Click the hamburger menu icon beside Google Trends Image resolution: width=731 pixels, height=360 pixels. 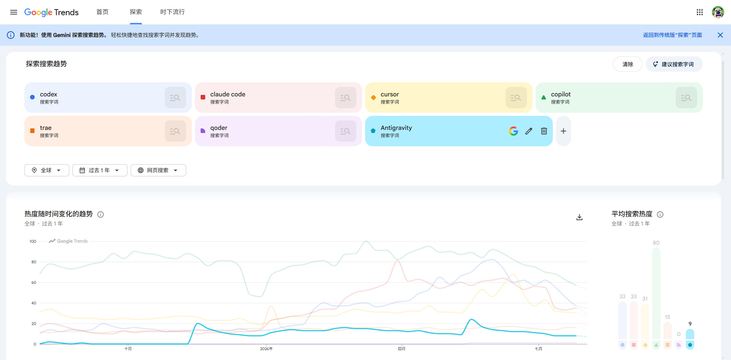pyautogui.click(x=14, y=12)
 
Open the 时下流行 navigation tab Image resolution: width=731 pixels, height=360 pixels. pyautogui.click(x=172, y=12)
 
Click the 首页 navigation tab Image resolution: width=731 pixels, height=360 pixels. pyautogui.click(x=102, y=12)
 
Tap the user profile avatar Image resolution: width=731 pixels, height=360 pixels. pyautogui.click(x=718, y=12)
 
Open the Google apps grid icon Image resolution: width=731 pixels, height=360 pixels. pyautogui.click(x=700, y=12)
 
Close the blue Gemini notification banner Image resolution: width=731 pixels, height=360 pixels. pyautogui.click(x=720, y=35)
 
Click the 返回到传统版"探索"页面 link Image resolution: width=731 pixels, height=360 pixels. pyautogui.click(x=672, y=35)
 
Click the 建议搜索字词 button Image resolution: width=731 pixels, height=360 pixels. pyautogui.click(x=674, y=64)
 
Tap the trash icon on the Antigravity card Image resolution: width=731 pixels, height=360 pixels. pyautogui.click(x=544, y=131)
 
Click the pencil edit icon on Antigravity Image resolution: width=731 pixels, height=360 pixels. pyautogui.click(x=529, y=131)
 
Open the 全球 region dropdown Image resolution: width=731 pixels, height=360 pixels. pyautogui.click(x=47, y=170)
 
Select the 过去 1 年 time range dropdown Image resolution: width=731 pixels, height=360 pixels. pyautogui.click(x=100, y=170)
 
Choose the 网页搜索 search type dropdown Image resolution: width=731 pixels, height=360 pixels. pyautogui.click(x=158, y=170)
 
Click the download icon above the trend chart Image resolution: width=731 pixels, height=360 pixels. pyautogui.click(x=579, y=217)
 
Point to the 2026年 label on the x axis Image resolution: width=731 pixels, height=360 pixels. pyautogui.click(x=266, y=349)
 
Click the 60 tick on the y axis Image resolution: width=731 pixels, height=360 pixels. pyautogui.click(x=34, y=282)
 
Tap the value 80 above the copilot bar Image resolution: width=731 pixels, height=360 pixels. pyautogui.click(x=656, y=243)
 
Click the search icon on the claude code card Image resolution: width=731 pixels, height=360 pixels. pyautogui.click(x=345, y=98)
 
